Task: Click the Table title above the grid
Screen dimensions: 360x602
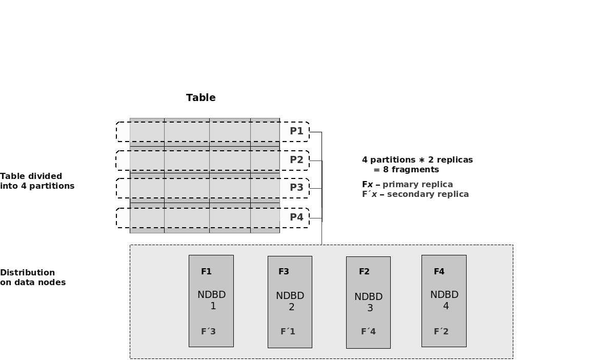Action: click(x=200, y=97)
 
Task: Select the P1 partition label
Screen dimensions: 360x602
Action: click(x=296, y=131)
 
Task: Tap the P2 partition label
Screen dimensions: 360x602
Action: click(x=296, y=159)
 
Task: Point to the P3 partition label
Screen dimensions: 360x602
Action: click(x=296, y=187)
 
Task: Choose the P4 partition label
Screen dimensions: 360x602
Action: click(x=296, y=217)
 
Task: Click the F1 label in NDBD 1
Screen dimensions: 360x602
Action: click(x=206, y=272)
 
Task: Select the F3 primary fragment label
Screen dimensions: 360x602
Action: click(x=284, y=272)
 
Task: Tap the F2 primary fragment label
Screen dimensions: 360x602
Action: click(x=364, y=272)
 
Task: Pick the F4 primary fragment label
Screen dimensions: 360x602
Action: click(x=439, y=272)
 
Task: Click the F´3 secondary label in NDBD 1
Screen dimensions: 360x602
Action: click(x=208, y=331)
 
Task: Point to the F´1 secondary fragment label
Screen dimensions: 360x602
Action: click(x=288, y=331)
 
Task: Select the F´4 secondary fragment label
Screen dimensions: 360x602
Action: click(x=368, y=331)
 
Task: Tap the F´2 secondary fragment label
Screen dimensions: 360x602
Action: click(x=441, y=331)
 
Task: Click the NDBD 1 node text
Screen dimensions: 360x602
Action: click(x=212, y=301)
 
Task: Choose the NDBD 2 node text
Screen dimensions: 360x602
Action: click(x=290, y=302)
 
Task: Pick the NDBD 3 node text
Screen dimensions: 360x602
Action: click(x=369, y=302)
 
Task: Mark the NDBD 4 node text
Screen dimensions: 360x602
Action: click(x=445, y=300)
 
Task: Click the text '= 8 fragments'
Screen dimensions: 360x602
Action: click(x=406, y=170)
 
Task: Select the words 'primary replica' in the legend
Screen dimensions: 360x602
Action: click(x=417, y=184)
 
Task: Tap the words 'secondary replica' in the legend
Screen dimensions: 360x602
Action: click(x=428, y=194)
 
